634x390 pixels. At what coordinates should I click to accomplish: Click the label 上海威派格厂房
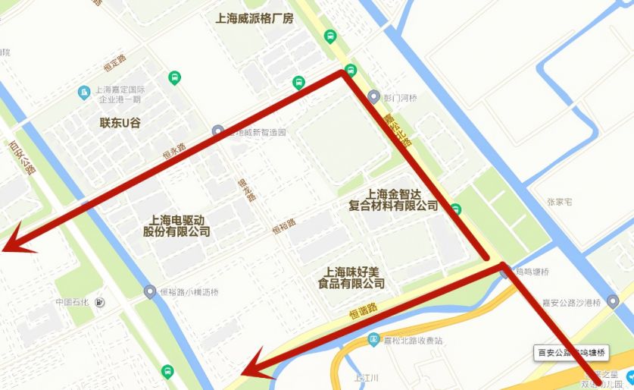coord(255,18)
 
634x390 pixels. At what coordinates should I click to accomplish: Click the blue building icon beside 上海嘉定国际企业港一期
coord(84,93)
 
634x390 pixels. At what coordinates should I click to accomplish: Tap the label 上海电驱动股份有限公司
coord(176,225)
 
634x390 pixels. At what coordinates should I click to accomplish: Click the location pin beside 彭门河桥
coord(373,96)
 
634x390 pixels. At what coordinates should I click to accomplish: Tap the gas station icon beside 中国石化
coord(101,303)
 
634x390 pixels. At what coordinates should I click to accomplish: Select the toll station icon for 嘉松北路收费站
coord(373,341)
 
